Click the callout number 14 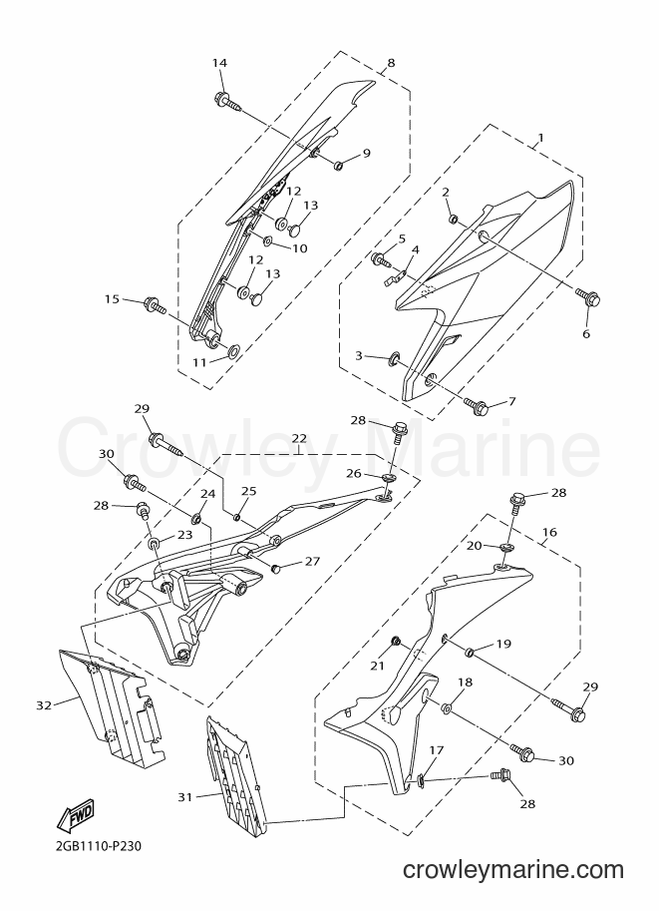point(219,63)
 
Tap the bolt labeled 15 point(154,304)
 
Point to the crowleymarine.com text point(513,870)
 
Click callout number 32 point(44,705)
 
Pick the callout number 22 point(299,437)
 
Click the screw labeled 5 point(382,259)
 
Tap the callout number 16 point(549,532)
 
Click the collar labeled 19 point(470,652)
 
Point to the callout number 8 point(391,63)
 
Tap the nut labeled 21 point(395,641)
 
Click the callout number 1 point(540,139)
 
